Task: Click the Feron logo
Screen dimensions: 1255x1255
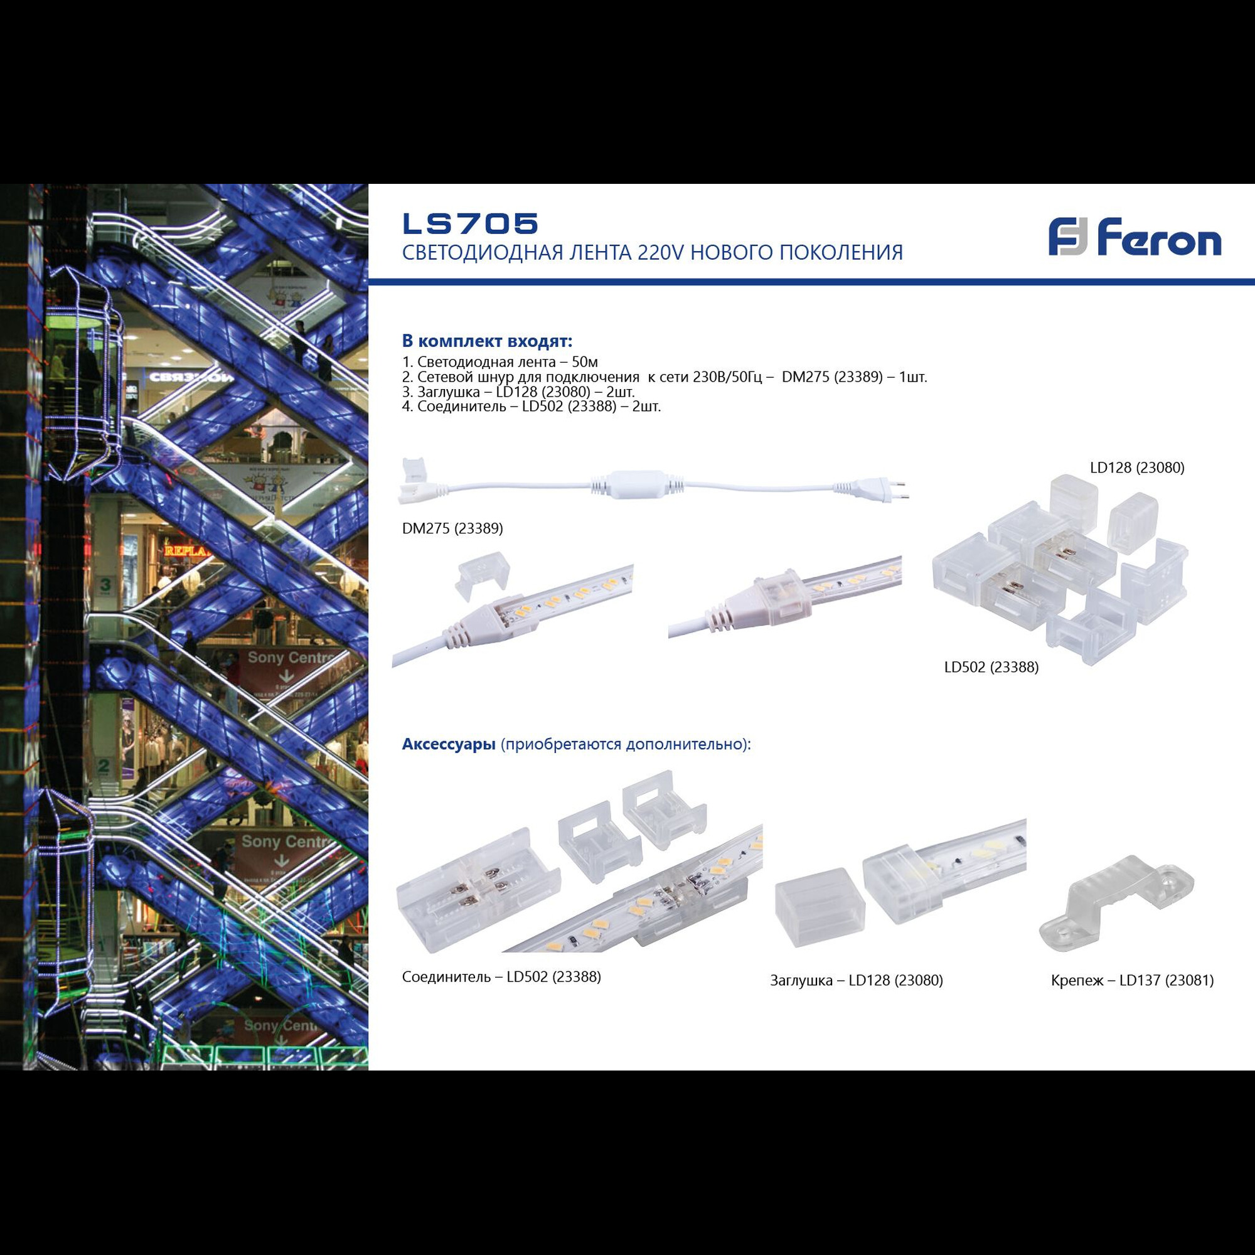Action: click(1134, 237)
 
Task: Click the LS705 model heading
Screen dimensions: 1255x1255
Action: click(470, 223)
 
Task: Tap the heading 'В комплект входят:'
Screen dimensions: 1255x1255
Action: click(486, 340)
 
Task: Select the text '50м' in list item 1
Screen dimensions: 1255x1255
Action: click(584, 362)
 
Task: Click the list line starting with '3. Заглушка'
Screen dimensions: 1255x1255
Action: click(518, 392)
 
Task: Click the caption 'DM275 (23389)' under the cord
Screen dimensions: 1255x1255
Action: click(452, 528)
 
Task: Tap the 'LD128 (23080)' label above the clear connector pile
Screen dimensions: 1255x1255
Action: click(1137, 467)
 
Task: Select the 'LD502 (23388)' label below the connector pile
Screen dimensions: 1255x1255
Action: click(991, 667)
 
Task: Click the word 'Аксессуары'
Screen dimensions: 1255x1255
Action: click(448, 744)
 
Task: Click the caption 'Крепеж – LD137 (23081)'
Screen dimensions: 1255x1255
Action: click(1131, 980)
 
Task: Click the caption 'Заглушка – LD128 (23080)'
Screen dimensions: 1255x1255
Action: click(856, 980)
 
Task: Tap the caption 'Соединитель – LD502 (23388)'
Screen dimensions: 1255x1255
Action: click(501, 976)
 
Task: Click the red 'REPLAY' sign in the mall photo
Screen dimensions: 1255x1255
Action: click(187, 552)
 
